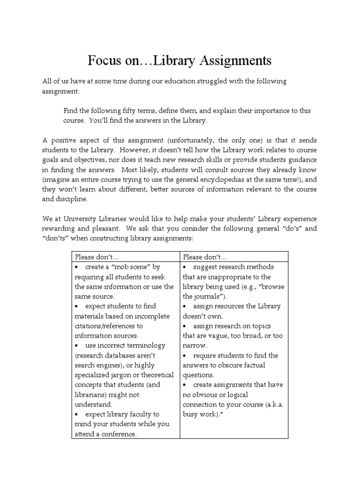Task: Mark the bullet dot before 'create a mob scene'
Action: (76, 267)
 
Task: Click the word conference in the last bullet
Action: (118, 434)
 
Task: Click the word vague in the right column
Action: (213, 336)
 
